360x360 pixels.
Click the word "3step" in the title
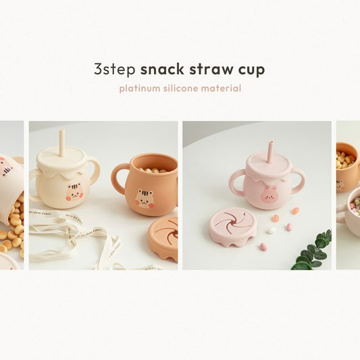(x=115, y=70)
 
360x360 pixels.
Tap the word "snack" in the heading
(x=162, y=69)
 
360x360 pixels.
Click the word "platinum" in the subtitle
(x=140, y=88)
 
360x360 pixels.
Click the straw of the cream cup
(x=61, y=143)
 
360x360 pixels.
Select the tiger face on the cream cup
(x=74, y=192)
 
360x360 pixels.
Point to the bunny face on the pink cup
(x=267, y=194)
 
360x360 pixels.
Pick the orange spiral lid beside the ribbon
(x=163, y=238)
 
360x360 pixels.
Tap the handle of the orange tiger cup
(x=119, y=178)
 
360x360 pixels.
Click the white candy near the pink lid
(x=271, y=230)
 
